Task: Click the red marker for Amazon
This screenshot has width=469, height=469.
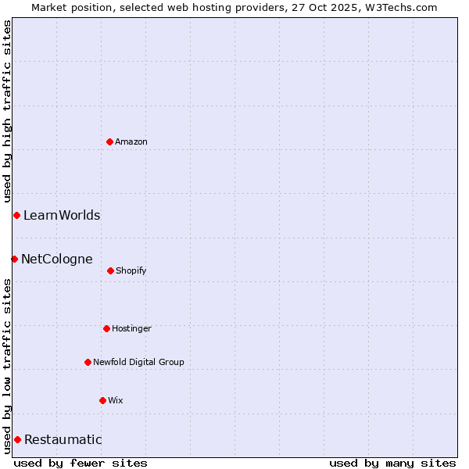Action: click(109, 141)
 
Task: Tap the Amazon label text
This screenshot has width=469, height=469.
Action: click(131, 142)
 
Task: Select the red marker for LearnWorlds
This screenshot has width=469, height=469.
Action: click(16, 215)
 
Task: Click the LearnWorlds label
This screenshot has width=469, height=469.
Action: click(62, 216)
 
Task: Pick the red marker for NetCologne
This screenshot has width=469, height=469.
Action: click(14, 259)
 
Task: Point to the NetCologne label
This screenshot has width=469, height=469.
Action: click(57, 260)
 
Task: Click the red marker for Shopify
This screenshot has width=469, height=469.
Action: click(110, 270)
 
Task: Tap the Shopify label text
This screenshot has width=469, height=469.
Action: click(131, 271)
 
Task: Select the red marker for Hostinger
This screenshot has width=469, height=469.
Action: click(106, 328)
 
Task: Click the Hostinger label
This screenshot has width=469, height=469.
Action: click(131, 329)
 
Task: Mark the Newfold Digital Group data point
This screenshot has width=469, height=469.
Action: click(88, 362)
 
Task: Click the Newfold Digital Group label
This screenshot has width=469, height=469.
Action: click(138, 363)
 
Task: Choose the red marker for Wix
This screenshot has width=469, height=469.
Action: click(102, 400)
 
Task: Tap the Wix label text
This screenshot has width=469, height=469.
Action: click(116, 401)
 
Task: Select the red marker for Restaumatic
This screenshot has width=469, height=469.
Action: click(17, 439)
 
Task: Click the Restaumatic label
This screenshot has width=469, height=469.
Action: click(63, 440)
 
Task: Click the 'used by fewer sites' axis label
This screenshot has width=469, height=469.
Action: click(81, 463)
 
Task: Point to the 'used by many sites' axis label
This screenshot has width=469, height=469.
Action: click(392, 463)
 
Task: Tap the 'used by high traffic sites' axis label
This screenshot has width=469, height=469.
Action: click(7, 112)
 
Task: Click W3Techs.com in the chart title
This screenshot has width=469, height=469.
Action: click(398, 7)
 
